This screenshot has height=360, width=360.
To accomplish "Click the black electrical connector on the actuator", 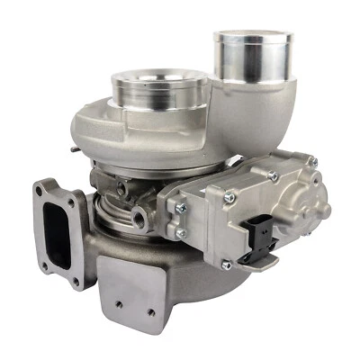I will point(262,237).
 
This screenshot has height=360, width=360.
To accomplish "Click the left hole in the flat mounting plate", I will point(117,305).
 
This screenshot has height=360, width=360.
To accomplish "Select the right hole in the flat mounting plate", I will point(149,314).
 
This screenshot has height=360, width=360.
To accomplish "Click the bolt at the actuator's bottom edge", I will point(226,265).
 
